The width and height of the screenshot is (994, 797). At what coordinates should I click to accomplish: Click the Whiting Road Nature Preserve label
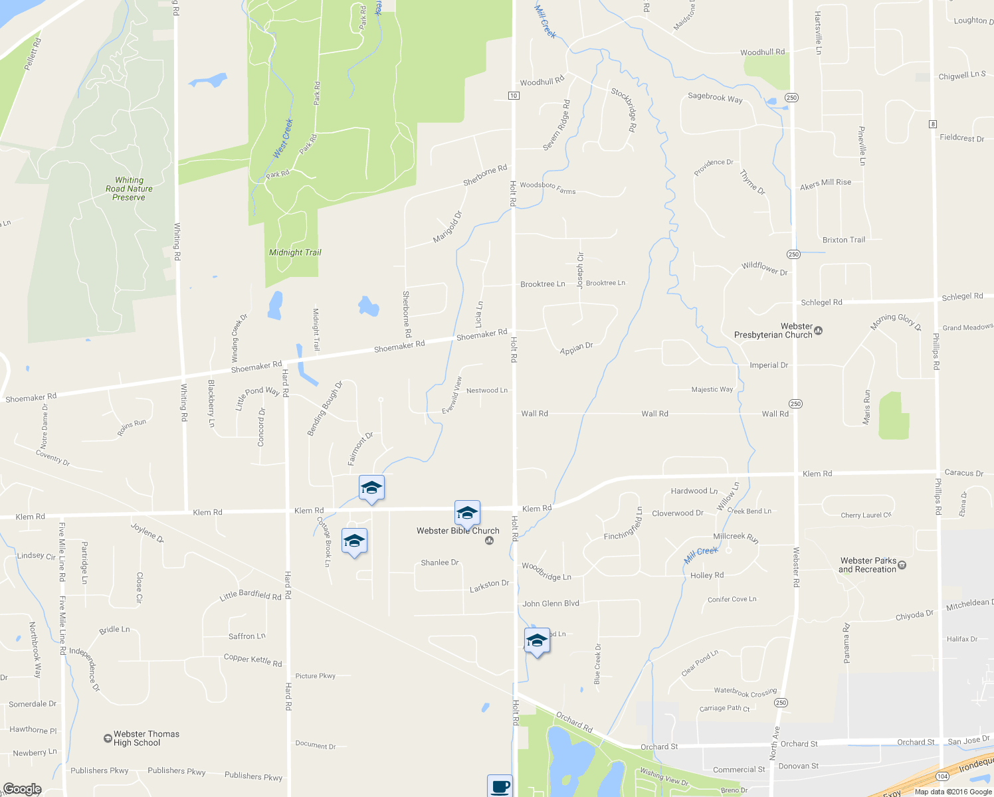[129, 189]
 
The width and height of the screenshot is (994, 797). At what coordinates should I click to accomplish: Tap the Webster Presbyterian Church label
[773, 331]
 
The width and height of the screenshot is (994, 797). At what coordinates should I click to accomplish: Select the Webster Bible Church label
[458, 531]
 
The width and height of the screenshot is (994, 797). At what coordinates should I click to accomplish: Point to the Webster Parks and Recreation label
[868, 565]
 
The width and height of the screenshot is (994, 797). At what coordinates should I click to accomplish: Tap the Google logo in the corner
[22, 788]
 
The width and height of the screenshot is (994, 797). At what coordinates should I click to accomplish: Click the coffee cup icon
[500, 786]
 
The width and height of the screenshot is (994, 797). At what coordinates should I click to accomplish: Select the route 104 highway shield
[942, 776]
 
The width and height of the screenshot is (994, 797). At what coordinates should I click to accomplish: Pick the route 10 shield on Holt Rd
[514, 96]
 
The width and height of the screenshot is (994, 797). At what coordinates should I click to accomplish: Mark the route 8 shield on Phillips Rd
[933, 124]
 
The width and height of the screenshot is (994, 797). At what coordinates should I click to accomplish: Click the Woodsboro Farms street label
[547, 188]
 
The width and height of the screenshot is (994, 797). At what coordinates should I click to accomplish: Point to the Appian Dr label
[576, 348]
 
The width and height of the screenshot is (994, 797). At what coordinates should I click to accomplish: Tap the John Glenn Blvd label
[551, 604]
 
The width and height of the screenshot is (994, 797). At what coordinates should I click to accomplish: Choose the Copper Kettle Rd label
[252, 660]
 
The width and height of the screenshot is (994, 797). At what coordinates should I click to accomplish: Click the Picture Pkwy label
[316, 676]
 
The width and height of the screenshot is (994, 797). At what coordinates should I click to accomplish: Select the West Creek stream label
[283, 139]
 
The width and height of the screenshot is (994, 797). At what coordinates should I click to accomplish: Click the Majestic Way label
[712, 390]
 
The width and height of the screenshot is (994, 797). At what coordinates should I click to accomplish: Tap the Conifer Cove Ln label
[732, 599]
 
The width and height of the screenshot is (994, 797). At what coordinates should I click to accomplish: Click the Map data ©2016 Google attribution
[952, 792]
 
